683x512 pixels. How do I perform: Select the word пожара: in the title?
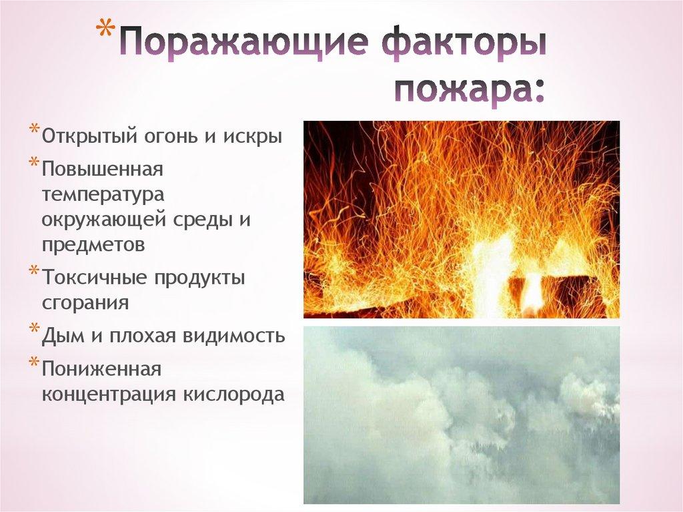[468, 90]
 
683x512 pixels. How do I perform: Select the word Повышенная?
[102, 169]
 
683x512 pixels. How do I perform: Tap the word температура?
[103, 194]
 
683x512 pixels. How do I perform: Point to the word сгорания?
[85, 302]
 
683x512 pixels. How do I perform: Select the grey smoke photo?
[461, 415]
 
